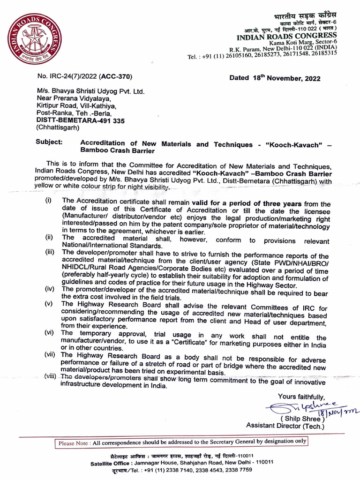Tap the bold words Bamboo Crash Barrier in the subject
[117, 151]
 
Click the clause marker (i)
[48, 200]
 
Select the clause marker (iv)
[49, 289]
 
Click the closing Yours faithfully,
[301, 397]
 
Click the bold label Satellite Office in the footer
[112, 462]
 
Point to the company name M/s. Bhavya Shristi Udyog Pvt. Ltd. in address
[91, 91]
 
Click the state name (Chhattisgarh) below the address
[58, 127]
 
